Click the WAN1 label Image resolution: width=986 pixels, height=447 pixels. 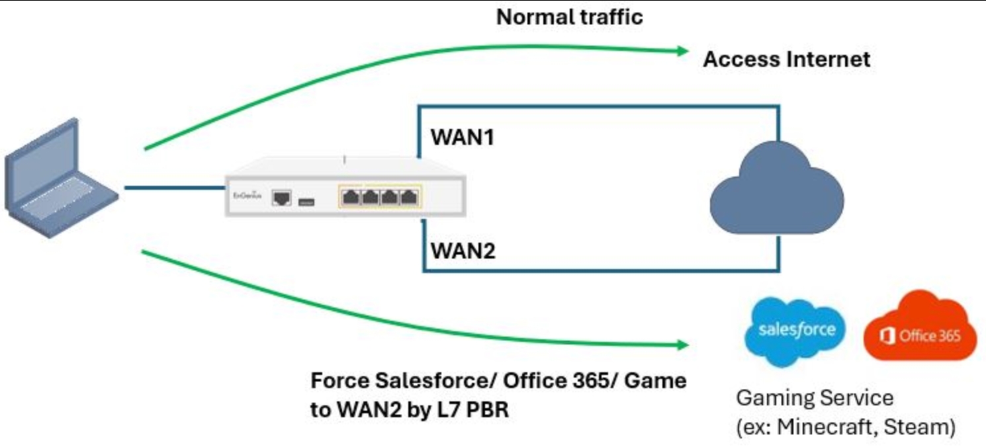pos(463,138)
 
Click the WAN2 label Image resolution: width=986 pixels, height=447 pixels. pos(463,251)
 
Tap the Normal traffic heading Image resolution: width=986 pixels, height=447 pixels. pos(569,17)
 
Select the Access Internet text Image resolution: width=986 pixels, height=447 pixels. pos(786,60)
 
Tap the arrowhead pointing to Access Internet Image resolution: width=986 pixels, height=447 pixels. pos(683,52)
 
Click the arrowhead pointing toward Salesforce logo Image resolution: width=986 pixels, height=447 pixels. pos(683,345)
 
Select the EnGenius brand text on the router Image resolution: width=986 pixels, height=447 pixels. pos(242,196)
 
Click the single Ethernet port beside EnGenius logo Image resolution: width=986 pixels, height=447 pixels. pos(282,197)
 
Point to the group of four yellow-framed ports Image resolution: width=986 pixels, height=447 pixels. pos(381,196)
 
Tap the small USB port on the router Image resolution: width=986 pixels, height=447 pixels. pos(306,200)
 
